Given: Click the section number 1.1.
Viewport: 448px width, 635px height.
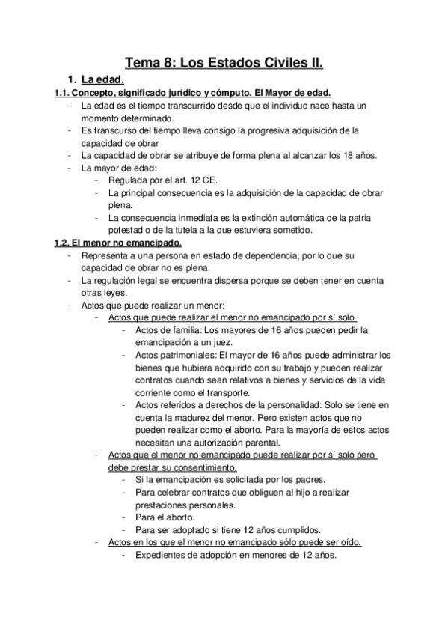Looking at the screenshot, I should [x=63, y=93].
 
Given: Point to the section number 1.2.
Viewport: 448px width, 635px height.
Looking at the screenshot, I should [x=63, y=243].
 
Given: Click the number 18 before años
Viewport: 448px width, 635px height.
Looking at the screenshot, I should [x=322, y=156].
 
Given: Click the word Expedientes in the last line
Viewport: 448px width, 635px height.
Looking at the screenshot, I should [x=162, y=556].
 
